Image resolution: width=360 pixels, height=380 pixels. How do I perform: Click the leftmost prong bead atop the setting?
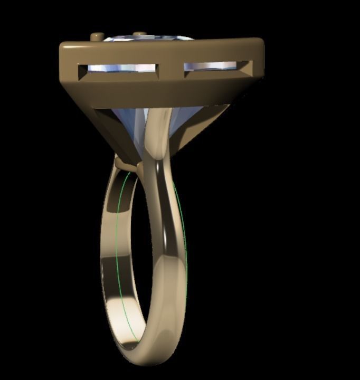click(97, 37)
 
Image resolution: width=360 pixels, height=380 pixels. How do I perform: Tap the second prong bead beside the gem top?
click(139, 35)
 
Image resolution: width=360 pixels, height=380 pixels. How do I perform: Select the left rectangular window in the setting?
click(118, 69)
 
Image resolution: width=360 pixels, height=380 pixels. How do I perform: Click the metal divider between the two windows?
click(171, 67)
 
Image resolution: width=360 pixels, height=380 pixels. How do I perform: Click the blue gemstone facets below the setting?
click(132, 127)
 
